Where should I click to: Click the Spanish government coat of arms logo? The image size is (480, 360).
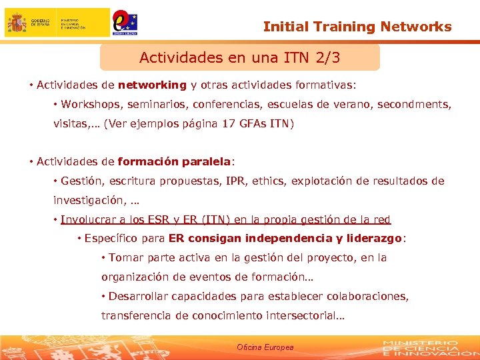click(x=17, y=23)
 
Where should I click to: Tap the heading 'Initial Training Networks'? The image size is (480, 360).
click(x=357, y=27)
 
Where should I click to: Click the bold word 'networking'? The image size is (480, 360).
click(x=152, y=85)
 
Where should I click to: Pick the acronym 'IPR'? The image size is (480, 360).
click(x=235, y=181)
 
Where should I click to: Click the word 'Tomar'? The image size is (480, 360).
click(x=125, y=257)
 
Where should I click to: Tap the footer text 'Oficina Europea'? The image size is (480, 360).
click(x=265, y=347)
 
